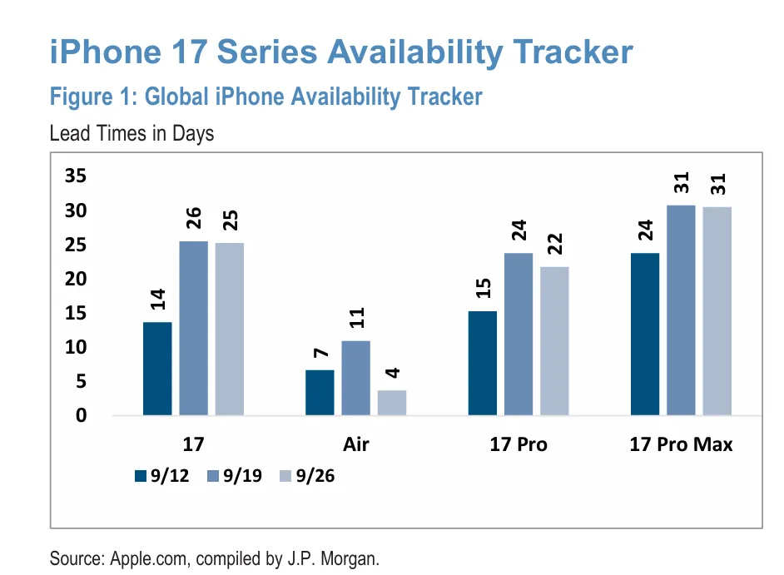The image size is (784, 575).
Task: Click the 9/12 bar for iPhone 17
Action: (x=157, y=369)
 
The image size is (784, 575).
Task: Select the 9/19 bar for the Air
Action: (x=355, y=378)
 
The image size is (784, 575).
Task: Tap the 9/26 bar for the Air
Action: (x=392, y=403)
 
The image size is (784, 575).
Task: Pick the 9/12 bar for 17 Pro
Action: (x=483, y=363)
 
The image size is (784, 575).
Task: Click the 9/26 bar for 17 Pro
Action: (x=554, y=341)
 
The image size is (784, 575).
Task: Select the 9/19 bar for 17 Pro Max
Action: (x=681, y=310)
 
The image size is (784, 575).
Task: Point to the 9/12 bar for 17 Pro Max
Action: (x=645, y=334)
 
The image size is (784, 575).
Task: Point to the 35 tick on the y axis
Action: (x=76, y=176)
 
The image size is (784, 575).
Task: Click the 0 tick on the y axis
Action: (x=82, y=416)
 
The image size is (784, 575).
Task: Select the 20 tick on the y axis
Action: (x=76, y=280)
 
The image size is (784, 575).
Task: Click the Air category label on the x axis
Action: (x=355, y=444)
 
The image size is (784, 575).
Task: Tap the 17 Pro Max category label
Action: (x=681, y=444)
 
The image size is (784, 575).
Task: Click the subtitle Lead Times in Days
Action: (x=131, y=133)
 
